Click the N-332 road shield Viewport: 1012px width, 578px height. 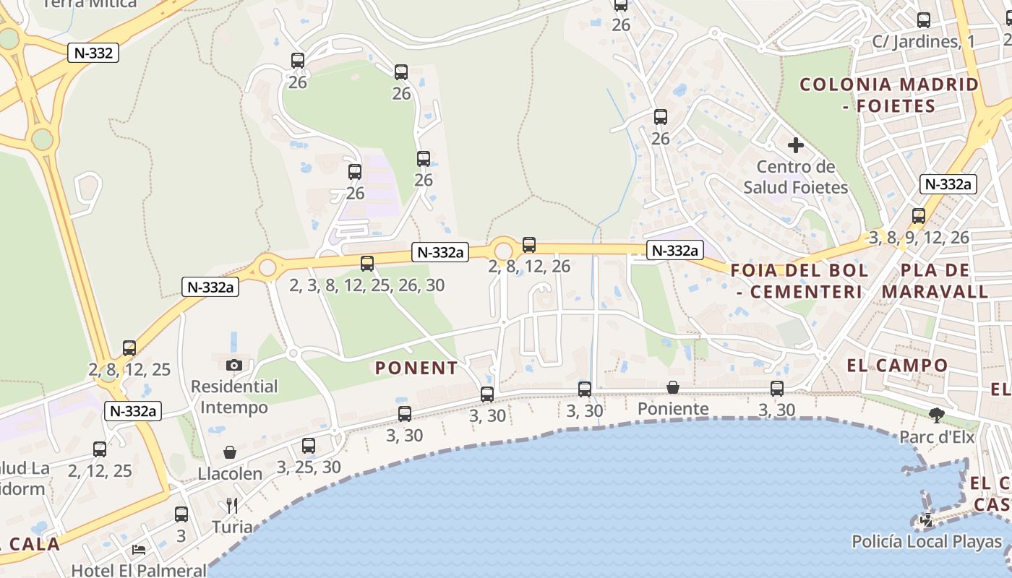pos(93,53)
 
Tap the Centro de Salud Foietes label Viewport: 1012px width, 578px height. pos(795,177)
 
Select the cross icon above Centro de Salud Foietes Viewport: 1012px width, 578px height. pos(795,145)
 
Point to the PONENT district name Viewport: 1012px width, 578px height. pos(416,368)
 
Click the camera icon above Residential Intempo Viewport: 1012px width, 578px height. pos(233,365)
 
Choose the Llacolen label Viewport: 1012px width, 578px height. pos(230,474)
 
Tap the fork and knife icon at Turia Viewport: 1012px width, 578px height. pos(232,505)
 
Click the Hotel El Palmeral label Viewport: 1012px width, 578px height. pos(139,570)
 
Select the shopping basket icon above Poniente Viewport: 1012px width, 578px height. pos(673,387)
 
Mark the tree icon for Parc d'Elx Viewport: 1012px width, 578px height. pos(937,415)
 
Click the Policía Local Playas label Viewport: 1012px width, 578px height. pos(927,541)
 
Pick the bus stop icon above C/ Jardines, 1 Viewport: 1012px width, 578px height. pos(923,20)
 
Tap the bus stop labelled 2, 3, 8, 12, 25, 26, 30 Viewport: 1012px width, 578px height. pos(367,264)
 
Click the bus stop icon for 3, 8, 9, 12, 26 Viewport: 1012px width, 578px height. pos(918,216)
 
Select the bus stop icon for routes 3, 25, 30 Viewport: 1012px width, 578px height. pos(309,446)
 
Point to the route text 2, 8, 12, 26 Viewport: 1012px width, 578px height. pos(529,267)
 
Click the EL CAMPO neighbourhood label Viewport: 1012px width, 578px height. pos(896,366)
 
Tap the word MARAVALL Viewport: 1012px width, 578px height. pos(935,292)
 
